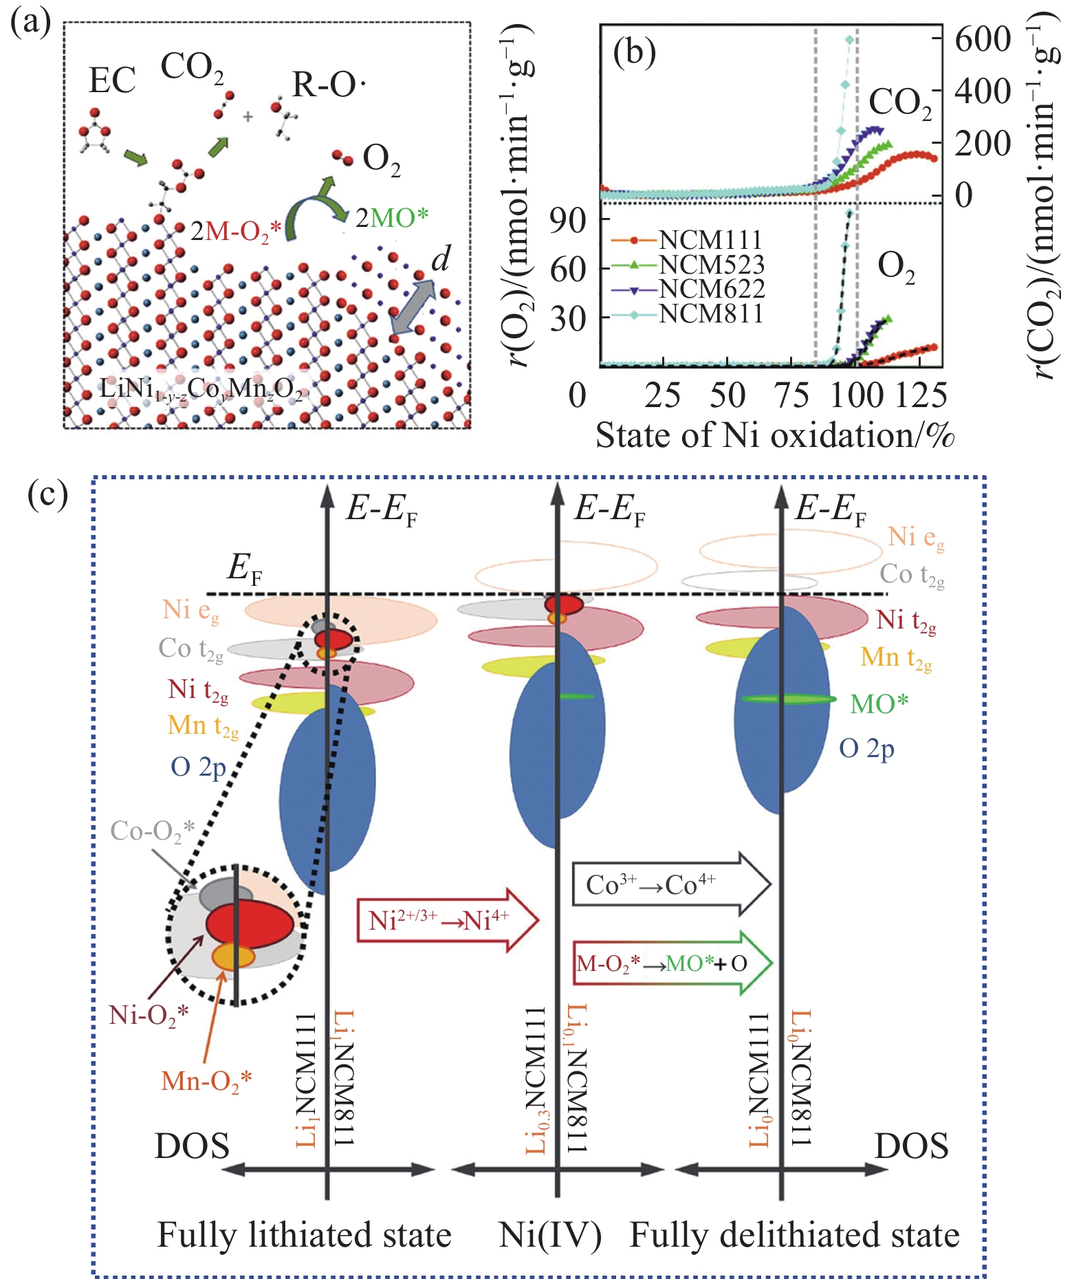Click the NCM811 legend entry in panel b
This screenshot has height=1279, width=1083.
(x=710, y=314)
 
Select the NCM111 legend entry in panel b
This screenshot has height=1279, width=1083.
(x=710, y=239)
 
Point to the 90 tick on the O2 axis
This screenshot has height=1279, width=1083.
(x=568, y=219)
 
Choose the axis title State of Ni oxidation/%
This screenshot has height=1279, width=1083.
(x=775, y=436)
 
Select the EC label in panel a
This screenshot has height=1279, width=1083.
(x=112, y=80)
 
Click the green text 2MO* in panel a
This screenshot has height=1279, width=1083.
(x=392, y=218)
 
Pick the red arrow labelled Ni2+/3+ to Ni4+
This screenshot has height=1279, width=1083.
(x=447, y=920)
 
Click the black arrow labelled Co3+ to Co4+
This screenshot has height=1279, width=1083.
(x=670, y=884)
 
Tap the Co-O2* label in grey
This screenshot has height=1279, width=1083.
(x=153, y=831)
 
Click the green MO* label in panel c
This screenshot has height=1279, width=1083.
(x=879, y=703)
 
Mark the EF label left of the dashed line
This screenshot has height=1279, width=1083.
(x=244, y=569)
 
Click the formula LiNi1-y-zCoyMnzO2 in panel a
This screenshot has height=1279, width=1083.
(x=201, y=389)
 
